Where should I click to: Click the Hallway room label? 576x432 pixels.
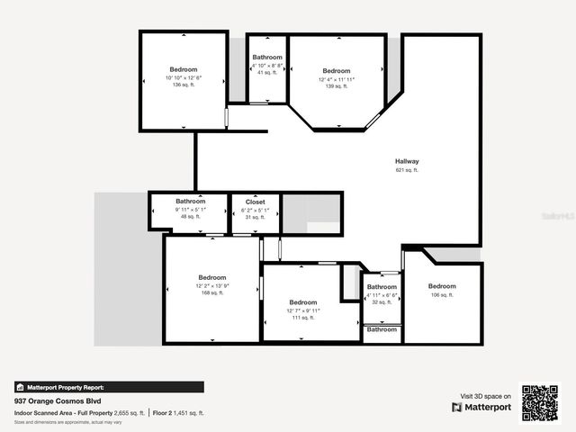click(x=407, y=162)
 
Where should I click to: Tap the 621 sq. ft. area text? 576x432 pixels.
click(x=407, y=170)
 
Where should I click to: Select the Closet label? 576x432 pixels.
click(x=255, y=202)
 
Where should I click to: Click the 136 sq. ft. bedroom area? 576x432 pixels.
click(x=184, y=85)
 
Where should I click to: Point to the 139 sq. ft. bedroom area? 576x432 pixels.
click(x=336, y=86)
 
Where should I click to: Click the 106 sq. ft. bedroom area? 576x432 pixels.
click(x=442, y=294)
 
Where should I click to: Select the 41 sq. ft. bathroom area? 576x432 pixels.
click(x=267, y=72)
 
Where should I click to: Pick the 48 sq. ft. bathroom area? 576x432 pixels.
click(x=190, y=216)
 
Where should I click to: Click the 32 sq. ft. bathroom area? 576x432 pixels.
click(x=382, y=302)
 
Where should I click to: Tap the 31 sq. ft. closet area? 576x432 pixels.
click(x=255, y=216)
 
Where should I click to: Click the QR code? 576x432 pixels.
click(x=541, y=403)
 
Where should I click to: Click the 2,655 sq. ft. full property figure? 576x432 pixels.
click(x=130, y=412)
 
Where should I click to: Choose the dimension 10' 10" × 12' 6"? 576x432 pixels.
click(x=184, y=77)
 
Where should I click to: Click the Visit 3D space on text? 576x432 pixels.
click(x=486, y=395)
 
